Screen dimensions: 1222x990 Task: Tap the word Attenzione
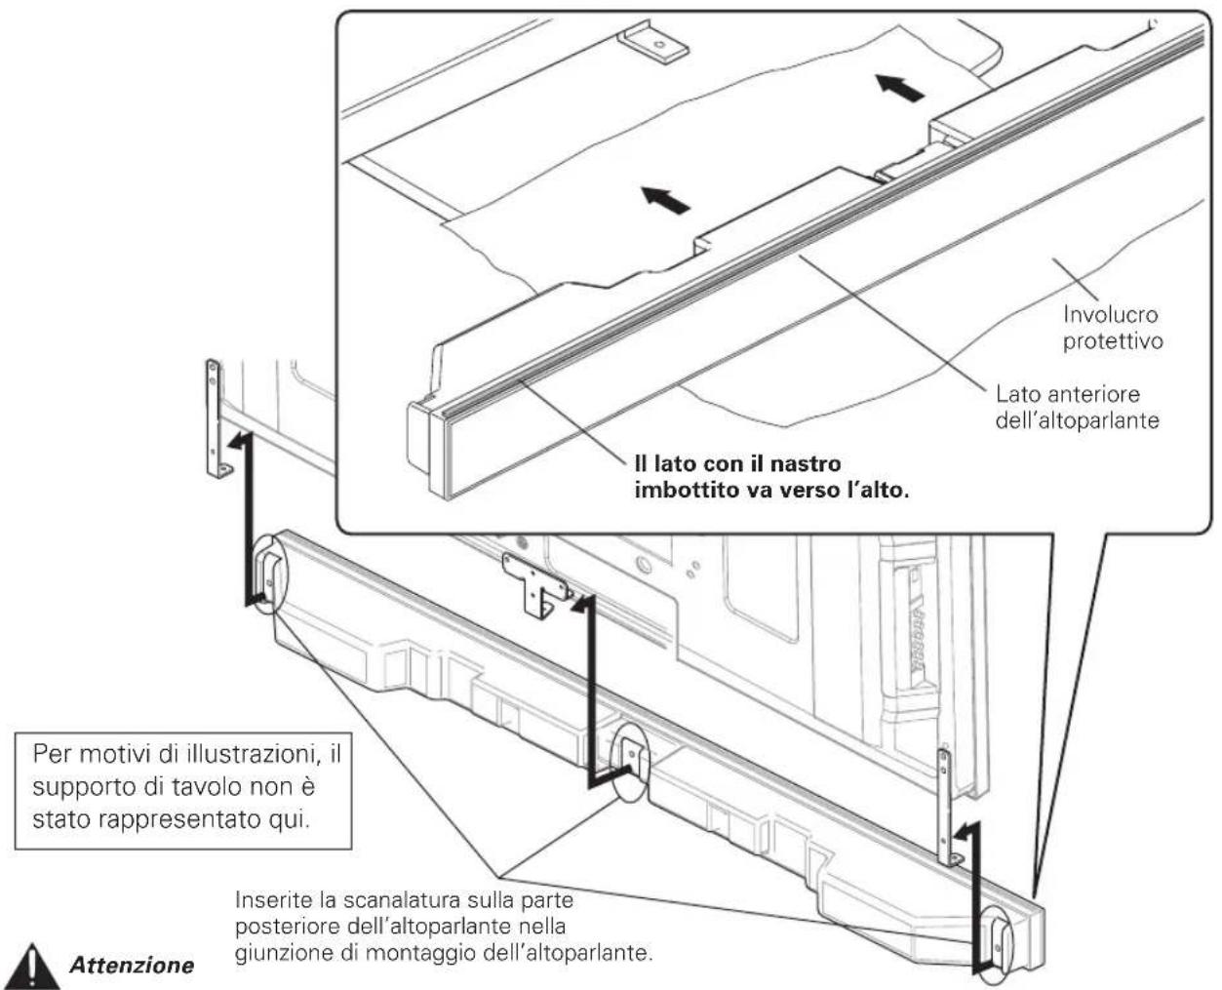tap(132, 966)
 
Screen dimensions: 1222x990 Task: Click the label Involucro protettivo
tap(1113, 328)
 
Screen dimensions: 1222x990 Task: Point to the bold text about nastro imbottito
tap(771, 477)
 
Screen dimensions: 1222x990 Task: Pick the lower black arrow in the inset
tap(665, 200)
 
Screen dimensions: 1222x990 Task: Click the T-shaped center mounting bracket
tap(537, 585)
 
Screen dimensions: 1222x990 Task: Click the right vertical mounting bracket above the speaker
tap(948, 809)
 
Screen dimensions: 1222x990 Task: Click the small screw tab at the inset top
tap(654, 43)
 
